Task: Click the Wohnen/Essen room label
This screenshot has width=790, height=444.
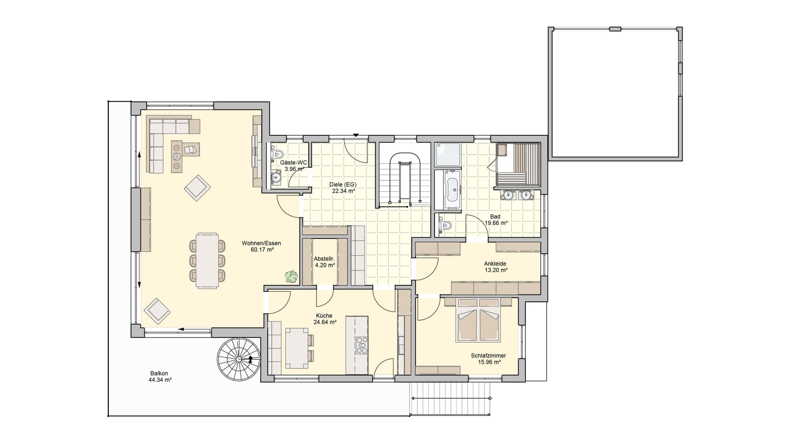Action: click(261, 244)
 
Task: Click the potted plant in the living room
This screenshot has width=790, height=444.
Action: click(291, 277)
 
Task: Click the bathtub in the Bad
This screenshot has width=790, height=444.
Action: click(452, 189)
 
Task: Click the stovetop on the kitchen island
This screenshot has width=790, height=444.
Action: click(361, 345)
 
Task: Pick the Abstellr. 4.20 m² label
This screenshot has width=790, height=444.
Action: click(324, 262)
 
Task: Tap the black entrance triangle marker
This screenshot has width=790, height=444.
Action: click(355, 135)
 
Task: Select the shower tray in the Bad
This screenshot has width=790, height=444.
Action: click(447, 155)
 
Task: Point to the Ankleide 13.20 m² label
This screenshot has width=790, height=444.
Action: click(495, 267)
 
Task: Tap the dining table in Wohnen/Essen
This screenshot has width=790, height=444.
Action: click(207, 260)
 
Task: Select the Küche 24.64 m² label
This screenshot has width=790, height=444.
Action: click(324, 319)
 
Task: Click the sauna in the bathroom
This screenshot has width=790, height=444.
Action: click(518, 165)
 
